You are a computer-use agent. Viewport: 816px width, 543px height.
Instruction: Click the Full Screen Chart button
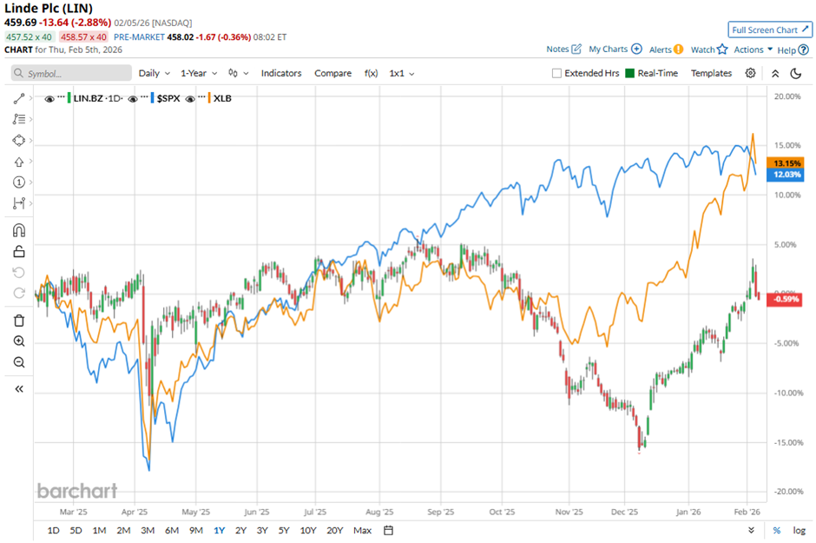770,30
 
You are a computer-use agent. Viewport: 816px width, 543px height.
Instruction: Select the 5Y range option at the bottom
283,530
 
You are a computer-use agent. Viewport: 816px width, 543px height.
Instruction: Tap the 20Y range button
334,530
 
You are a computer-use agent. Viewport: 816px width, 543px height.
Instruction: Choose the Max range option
363,530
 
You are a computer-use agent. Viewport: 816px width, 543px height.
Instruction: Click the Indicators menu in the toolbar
281,73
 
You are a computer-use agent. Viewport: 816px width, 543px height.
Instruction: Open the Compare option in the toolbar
332,73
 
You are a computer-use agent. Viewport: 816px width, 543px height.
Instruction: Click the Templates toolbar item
711,73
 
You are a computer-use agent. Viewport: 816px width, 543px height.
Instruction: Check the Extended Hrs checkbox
557,73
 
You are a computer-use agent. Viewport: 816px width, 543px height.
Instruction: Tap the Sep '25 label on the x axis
441,512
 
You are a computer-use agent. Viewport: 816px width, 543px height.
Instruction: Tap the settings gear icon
750,73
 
